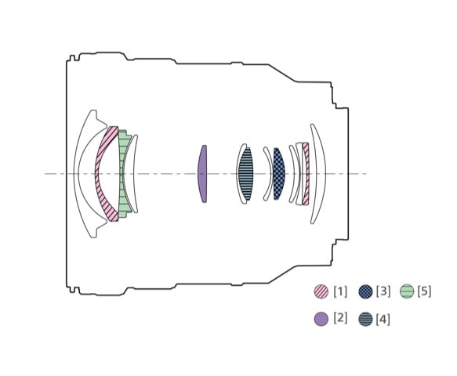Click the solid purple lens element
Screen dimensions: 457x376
click(x=202, y=174)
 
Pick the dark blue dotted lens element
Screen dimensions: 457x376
click(x=279, y=174)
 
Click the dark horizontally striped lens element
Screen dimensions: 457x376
click(x=245, y=174)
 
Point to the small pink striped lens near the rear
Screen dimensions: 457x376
click(x=306, y=174)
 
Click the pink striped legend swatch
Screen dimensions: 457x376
click(x=321, y=291)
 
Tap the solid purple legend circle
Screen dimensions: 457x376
click(x=321, y=319)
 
